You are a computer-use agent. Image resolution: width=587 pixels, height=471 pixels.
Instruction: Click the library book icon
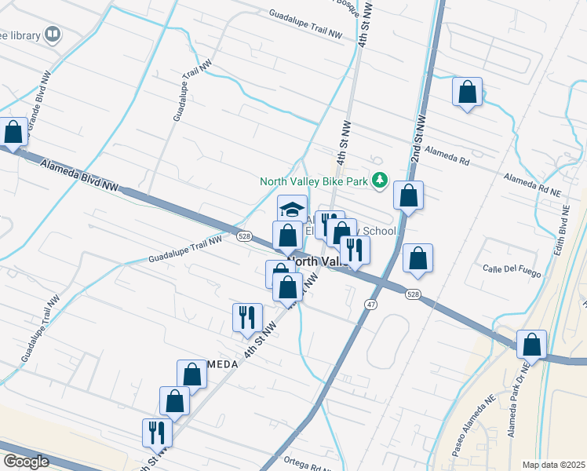(53, 35)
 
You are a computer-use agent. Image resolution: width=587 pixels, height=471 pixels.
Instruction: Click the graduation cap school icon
(292, 210)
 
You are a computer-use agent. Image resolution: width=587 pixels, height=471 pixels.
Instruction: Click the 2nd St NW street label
(417, 141)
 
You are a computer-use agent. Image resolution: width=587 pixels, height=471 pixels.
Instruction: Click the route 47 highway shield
(371, 303)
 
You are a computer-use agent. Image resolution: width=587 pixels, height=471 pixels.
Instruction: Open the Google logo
(26, 462)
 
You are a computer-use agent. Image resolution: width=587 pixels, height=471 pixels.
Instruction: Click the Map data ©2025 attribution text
(552, 465)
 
